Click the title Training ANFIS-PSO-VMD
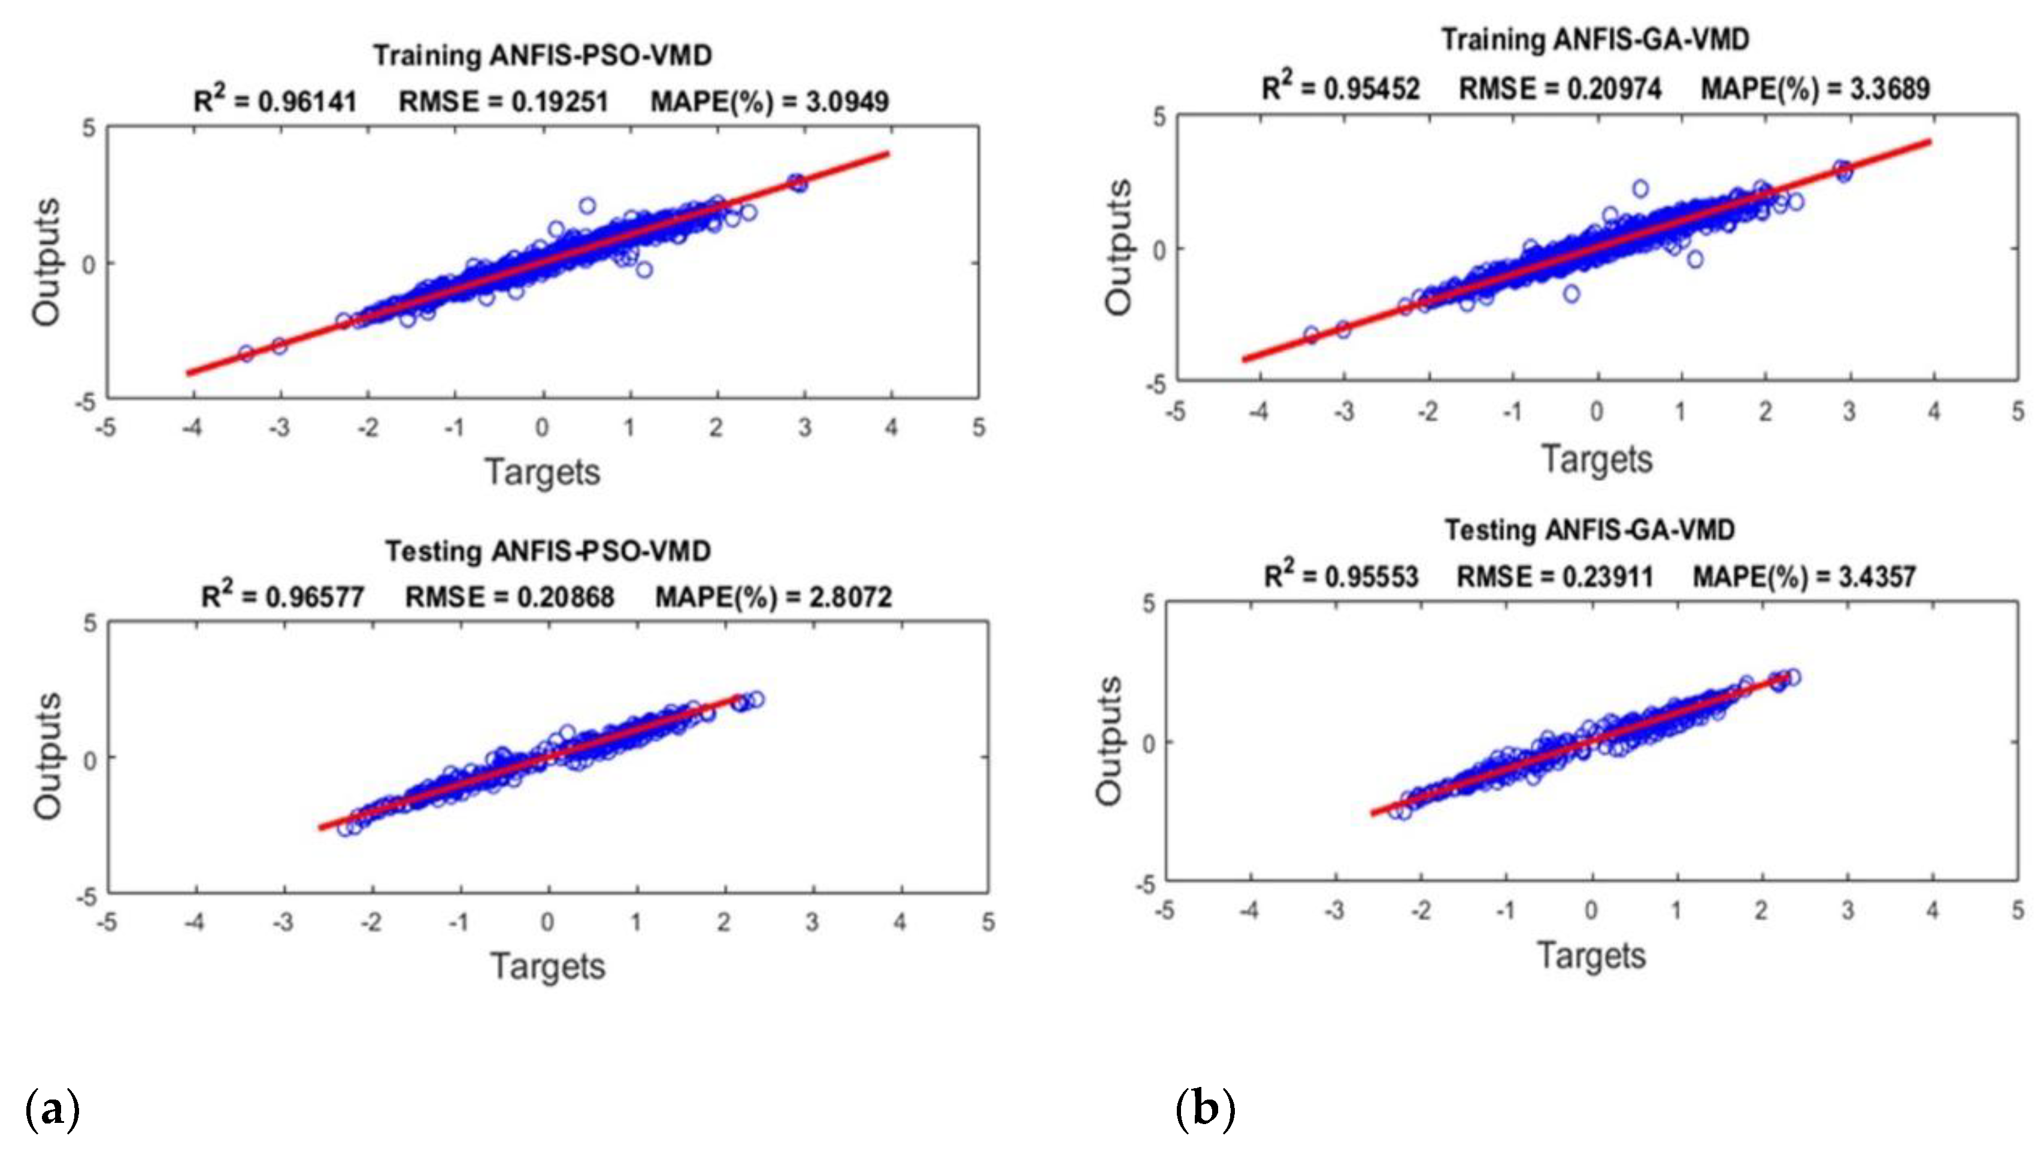[543, 56]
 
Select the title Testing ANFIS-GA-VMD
[1590, 530]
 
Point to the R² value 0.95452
[1371, 89]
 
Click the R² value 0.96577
[315, 597]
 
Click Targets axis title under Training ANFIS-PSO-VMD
[543, 472]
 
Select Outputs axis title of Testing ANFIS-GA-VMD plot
[1109, 741]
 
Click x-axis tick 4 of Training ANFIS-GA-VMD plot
[1933, 412]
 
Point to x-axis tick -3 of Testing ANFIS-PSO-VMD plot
[283, 922]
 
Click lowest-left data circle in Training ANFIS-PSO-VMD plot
[246, 353]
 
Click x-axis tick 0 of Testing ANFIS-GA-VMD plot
[1591, 910]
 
